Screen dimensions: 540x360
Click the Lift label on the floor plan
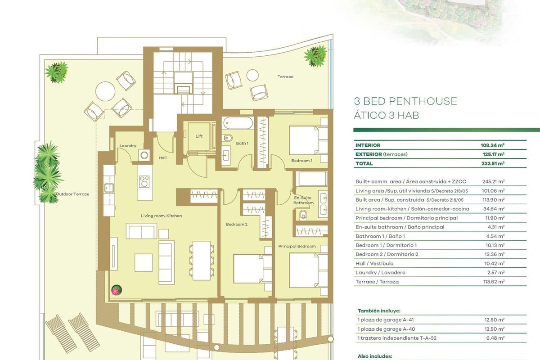(x=199, y=136)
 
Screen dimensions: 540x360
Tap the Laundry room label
(x=128, y=145)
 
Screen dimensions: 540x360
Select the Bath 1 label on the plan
(x=242, y=143)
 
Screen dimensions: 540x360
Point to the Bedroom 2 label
(x=237, y=224)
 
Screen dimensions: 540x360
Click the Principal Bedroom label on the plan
(x=297, y=246)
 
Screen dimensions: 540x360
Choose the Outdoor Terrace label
(x=72, y=194)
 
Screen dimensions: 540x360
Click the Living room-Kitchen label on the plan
(x=161, y=216)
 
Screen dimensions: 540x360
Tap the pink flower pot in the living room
(x=117, y=290)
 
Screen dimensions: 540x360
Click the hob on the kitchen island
(x=144, y=181)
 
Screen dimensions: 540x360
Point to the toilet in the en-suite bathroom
(x=303, y=215)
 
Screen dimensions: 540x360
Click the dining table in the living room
(x=202, y=261)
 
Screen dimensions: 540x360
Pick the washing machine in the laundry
(x=144, y=155)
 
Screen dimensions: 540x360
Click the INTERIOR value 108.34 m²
(x=492, y=145)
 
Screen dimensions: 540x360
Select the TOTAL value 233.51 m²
(x=492, y=163)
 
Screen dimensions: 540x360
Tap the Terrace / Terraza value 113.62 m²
(x=494, y=281)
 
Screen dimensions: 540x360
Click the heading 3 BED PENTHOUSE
(x=405, y=101)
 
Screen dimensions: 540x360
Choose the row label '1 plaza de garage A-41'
(x=386, y=320)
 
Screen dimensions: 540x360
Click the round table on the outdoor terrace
(x=105, y=91)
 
